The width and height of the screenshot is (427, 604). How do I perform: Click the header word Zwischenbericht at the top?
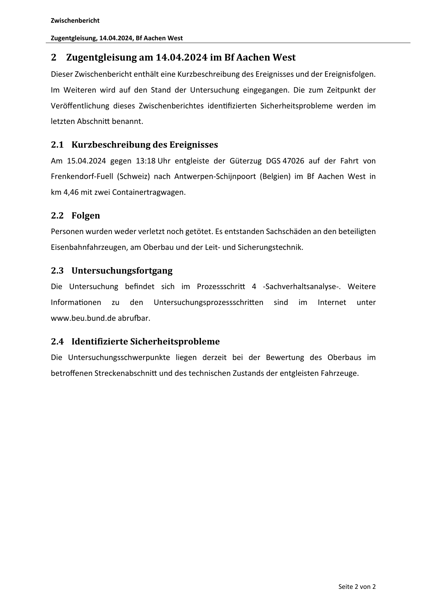(x=75, y=21)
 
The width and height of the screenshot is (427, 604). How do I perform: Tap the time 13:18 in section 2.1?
(x=146, y=161)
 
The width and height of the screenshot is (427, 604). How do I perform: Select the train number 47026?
(x=293, y=161)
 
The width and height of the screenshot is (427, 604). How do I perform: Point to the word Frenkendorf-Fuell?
(x=82, y=177)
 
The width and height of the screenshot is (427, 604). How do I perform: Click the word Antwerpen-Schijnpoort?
(x=215, y=177)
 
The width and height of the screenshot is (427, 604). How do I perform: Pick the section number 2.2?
(x=57, y=216)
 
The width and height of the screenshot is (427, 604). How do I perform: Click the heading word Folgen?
(x=86, y=216)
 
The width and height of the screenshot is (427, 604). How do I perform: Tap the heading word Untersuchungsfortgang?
(x=122, y=271)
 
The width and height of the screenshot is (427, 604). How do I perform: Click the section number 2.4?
(x=57, y=342)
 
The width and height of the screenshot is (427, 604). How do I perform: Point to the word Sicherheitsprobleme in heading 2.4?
(x=175, y=342)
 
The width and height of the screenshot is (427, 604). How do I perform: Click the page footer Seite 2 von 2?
(x=357, y=587)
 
